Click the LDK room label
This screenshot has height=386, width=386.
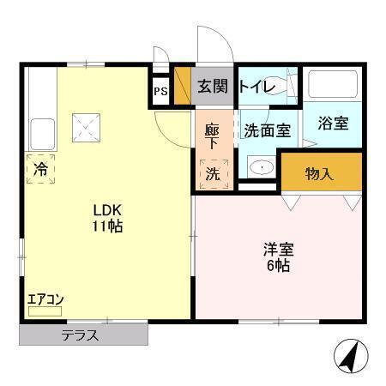[108, 210]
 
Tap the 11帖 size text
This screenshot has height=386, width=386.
[108, 226]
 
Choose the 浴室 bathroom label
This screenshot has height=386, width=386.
[332, 123]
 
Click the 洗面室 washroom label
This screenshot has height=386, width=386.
[268, 131]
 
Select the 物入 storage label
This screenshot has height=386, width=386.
[319, 173]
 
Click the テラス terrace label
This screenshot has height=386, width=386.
[80, 335]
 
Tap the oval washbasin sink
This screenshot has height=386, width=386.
[260, 167]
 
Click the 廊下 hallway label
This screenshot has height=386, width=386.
[212, 138]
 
